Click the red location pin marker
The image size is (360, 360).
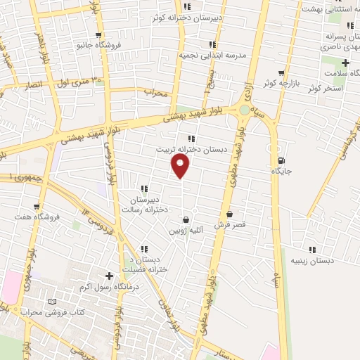point(181,165)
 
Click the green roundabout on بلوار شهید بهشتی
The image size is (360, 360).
point(244,110)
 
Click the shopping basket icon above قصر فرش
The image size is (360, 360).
point(229,214)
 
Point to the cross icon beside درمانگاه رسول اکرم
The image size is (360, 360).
point(108,276)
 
